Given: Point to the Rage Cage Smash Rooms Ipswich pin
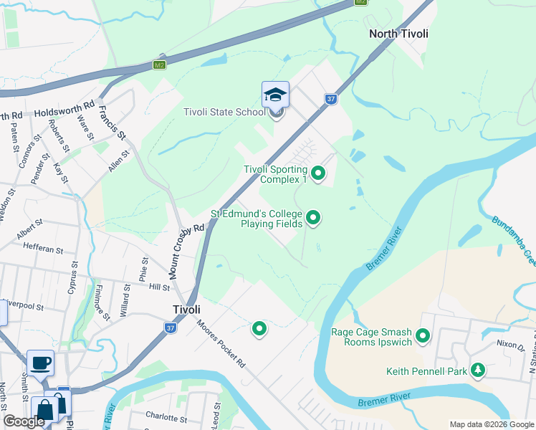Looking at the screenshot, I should [423, 335].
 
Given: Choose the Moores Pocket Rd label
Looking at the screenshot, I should [221, 343].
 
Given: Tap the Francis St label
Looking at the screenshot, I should [113, 123].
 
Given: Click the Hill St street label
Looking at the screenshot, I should [158, 287].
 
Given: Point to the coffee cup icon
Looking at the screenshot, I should [40, 362].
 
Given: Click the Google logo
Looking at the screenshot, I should [23, 421].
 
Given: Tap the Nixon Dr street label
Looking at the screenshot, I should [509, 344].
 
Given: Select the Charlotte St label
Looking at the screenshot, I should [166, 416].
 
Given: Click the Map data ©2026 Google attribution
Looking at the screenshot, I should [492, 424].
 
